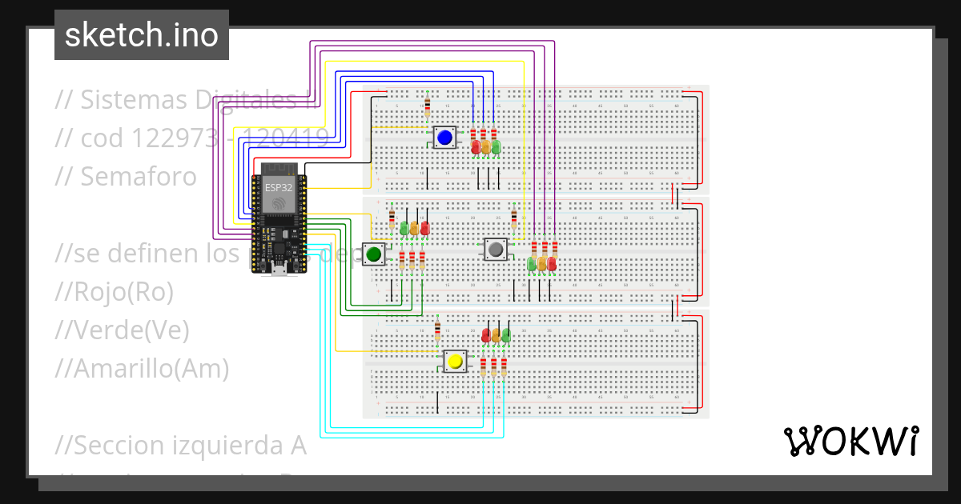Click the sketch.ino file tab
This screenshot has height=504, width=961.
142,35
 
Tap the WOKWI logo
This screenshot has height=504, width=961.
850,441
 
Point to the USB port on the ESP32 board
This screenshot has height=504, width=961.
279,270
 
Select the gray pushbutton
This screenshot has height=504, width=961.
496,249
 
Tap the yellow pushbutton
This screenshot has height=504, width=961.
456,361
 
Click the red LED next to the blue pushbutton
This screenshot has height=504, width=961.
476,147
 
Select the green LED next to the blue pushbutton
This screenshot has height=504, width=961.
496,147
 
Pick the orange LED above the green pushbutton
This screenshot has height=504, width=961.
414,229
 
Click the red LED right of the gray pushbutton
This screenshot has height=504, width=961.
552,263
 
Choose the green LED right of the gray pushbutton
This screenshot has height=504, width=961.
532,263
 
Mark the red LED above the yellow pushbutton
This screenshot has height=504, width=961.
486,336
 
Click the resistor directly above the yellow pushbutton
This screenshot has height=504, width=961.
437,330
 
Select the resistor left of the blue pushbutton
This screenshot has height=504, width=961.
427,105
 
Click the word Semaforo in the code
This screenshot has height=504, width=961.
138,176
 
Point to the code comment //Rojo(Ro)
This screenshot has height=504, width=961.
115,292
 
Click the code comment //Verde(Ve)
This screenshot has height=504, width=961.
122,330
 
